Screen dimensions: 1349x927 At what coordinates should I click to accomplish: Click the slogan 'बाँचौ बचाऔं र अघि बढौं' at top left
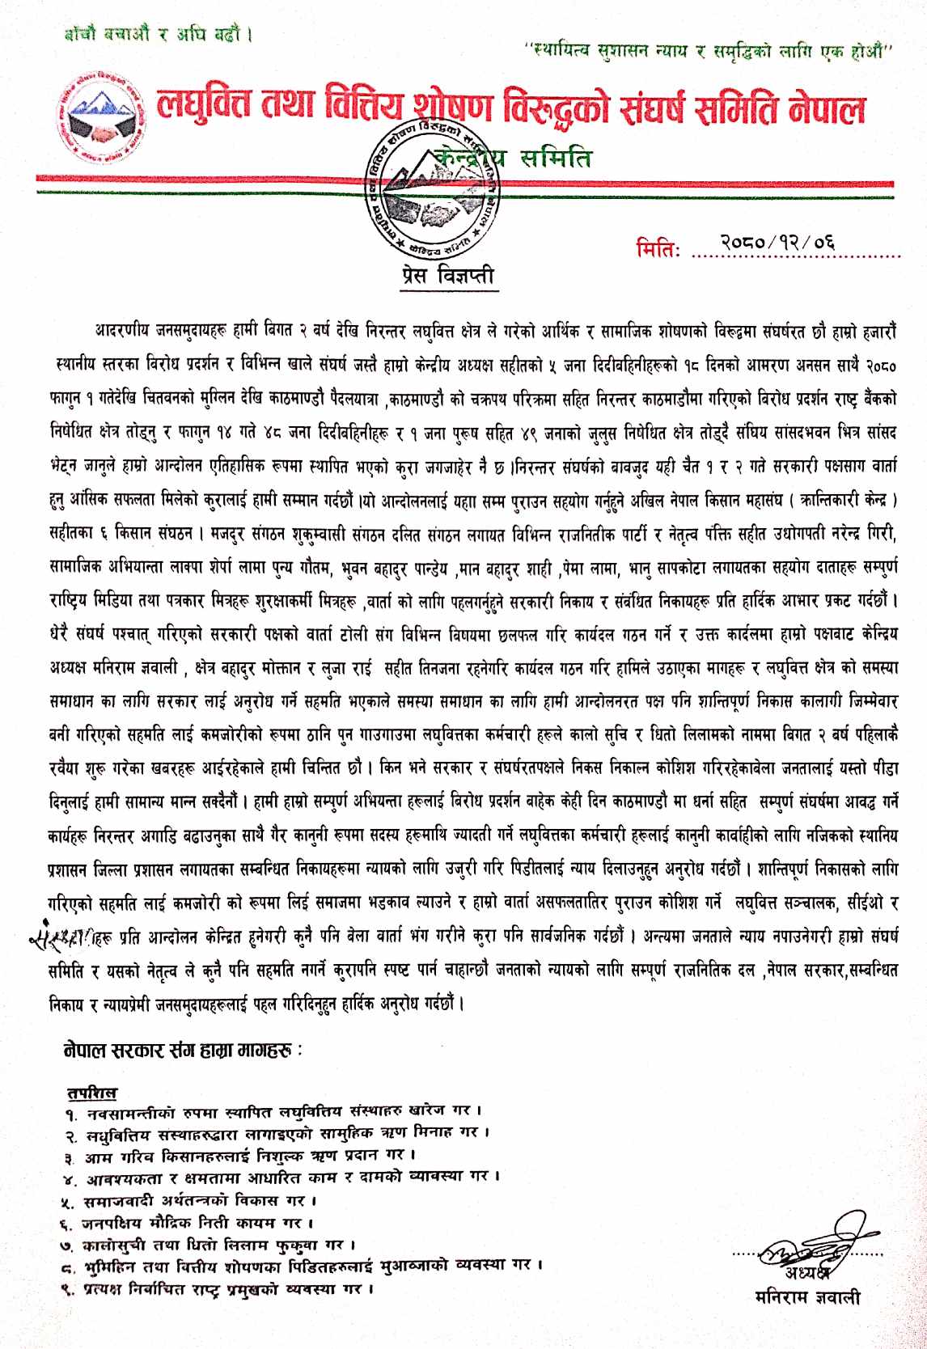(x=154, y=36)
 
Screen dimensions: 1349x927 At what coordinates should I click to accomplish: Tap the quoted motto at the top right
(x=708, y=51)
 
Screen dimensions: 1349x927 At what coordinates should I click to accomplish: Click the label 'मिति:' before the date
(x=659, y=246)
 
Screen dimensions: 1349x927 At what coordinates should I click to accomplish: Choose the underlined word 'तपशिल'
(x=91, y=1094)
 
